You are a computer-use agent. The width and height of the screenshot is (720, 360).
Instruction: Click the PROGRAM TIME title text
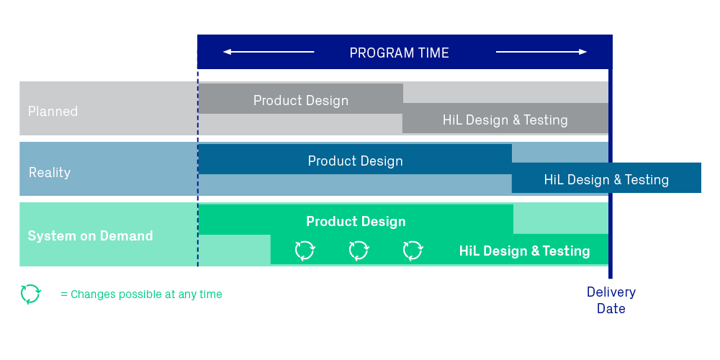[399, 53]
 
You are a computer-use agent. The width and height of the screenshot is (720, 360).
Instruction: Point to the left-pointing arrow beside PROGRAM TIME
[269, 52]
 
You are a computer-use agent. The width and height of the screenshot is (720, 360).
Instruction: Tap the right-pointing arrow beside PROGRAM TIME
[541, 52]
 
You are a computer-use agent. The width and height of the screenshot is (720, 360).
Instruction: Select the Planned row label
[53, 111]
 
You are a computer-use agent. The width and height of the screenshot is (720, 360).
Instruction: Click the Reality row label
[50, 173]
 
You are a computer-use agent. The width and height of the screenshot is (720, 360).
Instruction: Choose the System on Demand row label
[91, 235]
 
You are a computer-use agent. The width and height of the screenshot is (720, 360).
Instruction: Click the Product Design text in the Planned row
[301, 101]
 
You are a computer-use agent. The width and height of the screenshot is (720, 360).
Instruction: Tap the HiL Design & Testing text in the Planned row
[505, 120]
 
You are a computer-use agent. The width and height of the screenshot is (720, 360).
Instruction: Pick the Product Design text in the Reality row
[356, 161]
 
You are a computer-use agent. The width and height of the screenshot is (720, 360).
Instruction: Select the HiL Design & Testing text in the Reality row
[606, 179]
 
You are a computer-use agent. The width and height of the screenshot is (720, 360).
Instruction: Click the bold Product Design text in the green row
[356, 221]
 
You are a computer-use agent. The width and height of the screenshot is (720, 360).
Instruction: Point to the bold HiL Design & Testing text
[524, 251]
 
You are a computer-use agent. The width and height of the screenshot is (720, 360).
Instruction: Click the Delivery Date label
[611, 300]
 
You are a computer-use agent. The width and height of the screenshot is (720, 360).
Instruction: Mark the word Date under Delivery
[611, 309]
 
